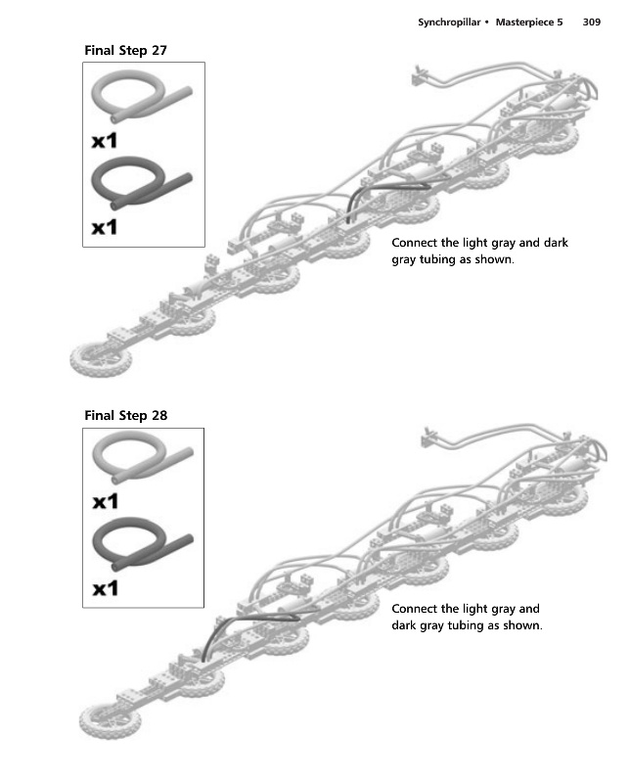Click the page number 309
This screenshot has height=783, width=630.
click(591, 21)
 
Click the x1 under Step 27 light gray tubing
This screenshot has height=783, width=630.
click(105, 141)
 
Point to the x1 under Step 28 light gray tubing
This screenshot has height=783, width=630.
click(105, 502)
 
